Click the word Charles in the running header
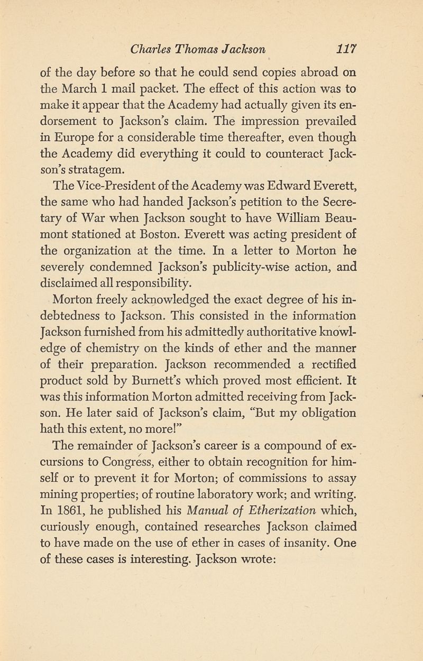point(150,51)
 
